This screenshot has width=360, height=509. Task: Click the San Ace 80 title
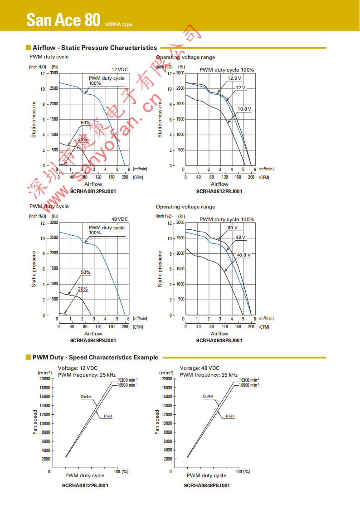pyautogui.click(x=63, y=19)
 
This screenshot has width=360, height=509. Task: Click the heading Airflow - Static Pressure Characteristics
pyautogui.click(x=95, y=48)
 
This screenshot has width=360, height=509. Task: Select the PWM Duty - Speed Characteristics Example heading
pyautogui.click(x=95, y=358)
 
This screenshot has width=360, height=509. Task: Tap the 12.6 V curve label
pyautogui.click(x=234, y=78)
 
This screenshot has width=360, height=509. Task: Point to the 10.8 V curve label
pyautogui.click(x=244, y=109)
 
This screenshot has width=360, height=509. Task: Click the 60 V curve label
pyautogui.click(x=233, y=228)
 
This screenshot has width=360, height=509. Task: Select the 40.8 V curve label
pyautogui.click(x=243, y=255)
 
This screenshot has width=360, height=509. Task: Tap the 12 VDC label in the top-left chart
pyautogui.click(x=120, y=69)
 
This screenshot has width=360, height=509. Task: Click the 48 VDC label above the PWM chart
pyautogui.click(x=120, y=219)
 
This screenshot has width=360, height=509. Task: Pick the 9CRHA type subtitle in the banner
pyautogui.click(x=118, y=24)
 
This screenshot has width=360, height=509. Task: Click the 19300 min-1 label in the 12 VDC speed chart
pyautogui.click(x=127, y=380)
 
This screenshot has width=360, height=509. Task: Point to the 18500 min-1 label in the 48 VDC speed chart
pyautogui.click(x=249, y=384)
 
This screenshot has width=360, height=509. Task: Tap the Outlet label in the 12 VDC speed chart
pyautogui.click(x=86, y=397)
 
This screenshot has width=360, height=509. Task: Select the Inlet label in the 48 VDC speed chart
pyautogui.click(x=230, y=416)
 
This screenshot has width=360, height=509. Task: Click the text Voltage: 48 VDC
pyautogui.click(x=199, y=368)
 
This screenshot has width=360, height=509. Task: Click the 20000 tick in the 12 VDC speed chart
pyautogui.click(x=44, y=378)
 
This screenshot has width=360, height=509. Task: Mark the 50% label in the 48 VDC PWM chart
pyautogui.click(x=85, y=272)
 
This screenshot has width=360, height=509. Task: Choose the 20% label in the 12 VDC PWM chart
pyautogui.click(x=83, y=140)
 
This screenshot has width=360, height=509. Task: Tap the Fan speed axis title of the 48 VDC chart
pyautogui.click(x=157, y=422)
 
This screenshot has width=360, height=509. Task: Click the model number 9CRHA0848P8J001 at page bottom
pyautogui.click(x=207, y=485)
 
